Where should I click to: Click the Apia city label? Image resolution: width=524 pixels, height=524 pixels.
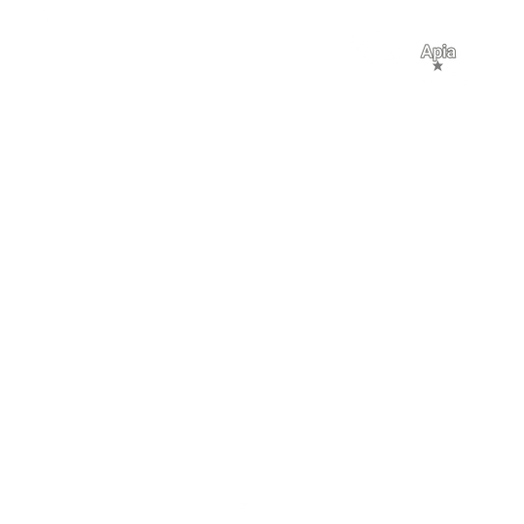tap(438, 53)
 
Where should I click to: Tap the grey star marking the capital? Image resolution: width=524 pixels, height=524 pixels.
tap(437, 66)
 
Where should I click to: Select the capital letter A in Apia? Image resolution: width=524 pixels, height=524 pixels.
tap(427, 52)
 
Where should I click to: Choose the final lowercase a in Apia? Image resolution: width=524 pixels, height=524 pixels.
tap(452, 54)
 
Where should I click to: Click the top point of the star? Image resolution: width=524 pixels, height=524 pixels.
tap(437, 61)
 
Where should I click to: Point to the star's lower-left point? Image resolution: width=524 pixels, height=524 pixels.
tap(434, 71)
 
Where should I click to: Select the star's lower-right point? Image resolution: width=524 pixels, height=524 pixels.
tap(441, 71)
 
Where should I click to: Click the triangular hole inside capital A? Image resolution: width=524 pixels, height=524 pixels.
tap(427, 51)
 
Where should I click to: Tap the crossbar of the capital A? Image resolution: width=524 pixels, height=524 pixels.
tap(427, 55)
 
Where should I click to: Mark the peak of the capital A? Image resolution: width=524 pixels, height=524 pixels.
tap(427, 45)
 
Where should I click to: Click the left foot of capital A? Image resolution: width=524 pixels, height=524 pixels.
tap(422, 58)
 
